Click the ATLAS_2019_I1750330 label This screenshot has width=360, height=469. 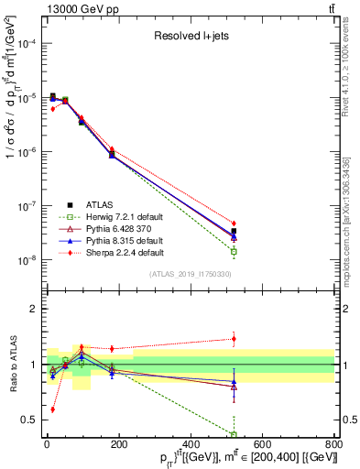coord(188,273)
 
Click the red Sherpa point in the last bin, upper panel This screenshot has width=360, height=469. coord(234,224)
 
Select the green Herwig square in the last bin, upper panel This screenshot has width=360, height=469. coord(234,251)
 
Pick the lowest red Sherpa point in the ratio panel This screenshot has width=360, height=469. coord(52,409)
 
